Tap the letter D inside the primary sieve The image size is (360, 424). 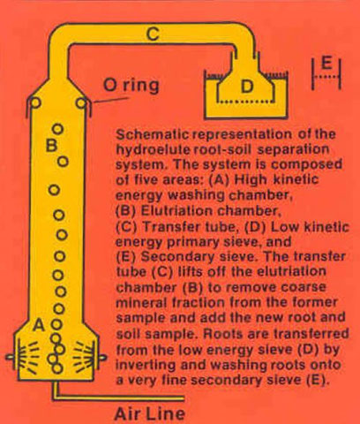point(248,85)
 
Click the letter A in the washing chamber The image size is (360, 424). point(38,324)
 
